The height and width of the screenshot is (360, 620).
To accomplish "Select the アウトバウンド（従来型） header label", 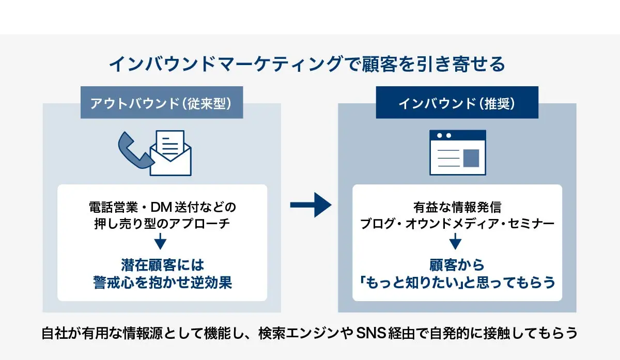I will pyautogui.click(x=162, y=103).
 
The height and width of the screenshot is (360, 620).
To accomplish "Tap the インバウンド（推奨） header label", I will pyautogui.click(x=457, y=103).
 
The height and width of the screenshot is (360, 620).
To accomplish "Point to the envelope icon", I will pyautogui.click(x=171, y=155).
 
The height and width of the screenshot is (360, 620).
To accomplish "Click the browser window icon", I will pyautogui.click(x=457, y=152).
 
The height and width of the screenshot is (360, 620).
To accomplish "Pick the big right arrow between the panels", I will pyautogui.click(x=310, y=206).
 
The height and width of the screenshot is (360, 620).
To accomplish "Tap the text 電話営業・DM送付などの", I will pyautogui.click(x=162, y=208).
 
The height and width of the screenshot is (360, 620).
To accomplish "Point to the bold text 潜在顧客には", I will pyautogui.click(x=162, y=265).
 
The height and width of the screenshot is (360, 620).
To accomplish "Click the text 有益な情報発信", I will pyautogui.click(x=457, y=208).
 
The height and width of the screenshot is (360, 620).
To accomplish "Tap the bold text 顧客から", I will pyautogui.click(x=457, y=265).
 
